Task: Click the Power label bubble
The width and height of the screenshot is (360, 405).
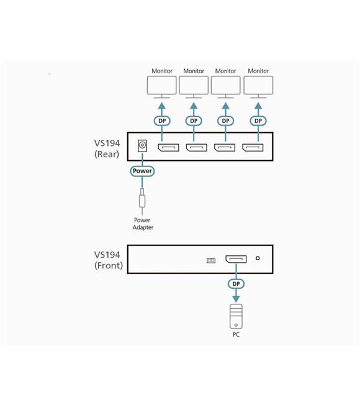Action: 142,171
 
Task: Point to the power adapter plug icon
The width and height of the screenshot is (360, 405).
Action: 142,199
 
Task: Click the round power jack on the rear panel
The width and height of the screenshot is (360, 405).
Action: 142,146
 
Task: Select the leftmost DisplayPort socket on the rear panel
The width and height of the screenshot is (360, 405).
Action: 168,147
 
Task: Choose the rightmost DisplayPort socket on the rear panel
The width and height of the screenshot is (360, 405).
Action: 253,147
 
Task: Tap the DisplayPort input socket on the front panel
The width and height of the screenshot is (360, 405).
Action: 236,259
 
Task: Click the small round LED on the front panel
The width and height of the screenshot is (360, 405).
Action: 258,258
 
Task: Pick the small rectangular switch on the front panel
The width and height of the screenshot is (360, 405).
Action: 211,261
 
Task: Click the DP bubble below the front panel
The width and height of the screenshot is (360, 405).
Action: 236,284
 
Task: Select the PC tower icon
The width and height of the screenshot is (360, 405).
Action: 236,316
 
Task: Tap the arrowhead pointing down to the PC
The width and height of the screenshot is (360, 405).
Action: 236,299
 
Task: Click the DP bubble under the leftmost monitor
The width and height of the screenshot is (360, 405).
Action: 162,121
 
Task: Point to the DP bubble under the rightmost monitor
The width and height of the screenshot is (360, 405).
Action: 258,121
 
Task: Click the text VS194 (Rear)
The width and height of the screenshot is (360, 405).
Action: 107,148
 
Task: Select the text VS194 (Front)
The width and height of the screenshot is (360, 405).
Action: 109,260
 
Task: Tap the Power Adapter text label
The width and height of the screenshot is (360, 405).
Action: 143,224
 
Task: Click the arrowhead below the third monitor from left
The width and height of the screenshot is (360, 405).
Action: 225,106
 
